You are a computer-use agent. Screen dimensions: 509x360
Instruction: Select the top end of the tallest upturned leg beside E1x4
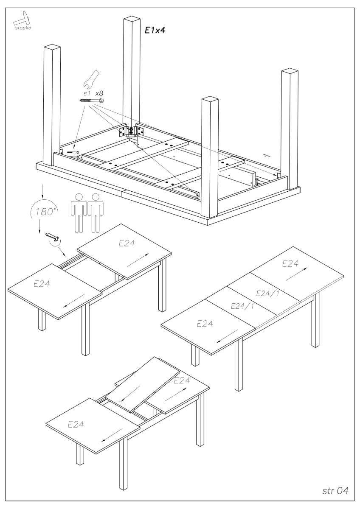click(x=132, y=20)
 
